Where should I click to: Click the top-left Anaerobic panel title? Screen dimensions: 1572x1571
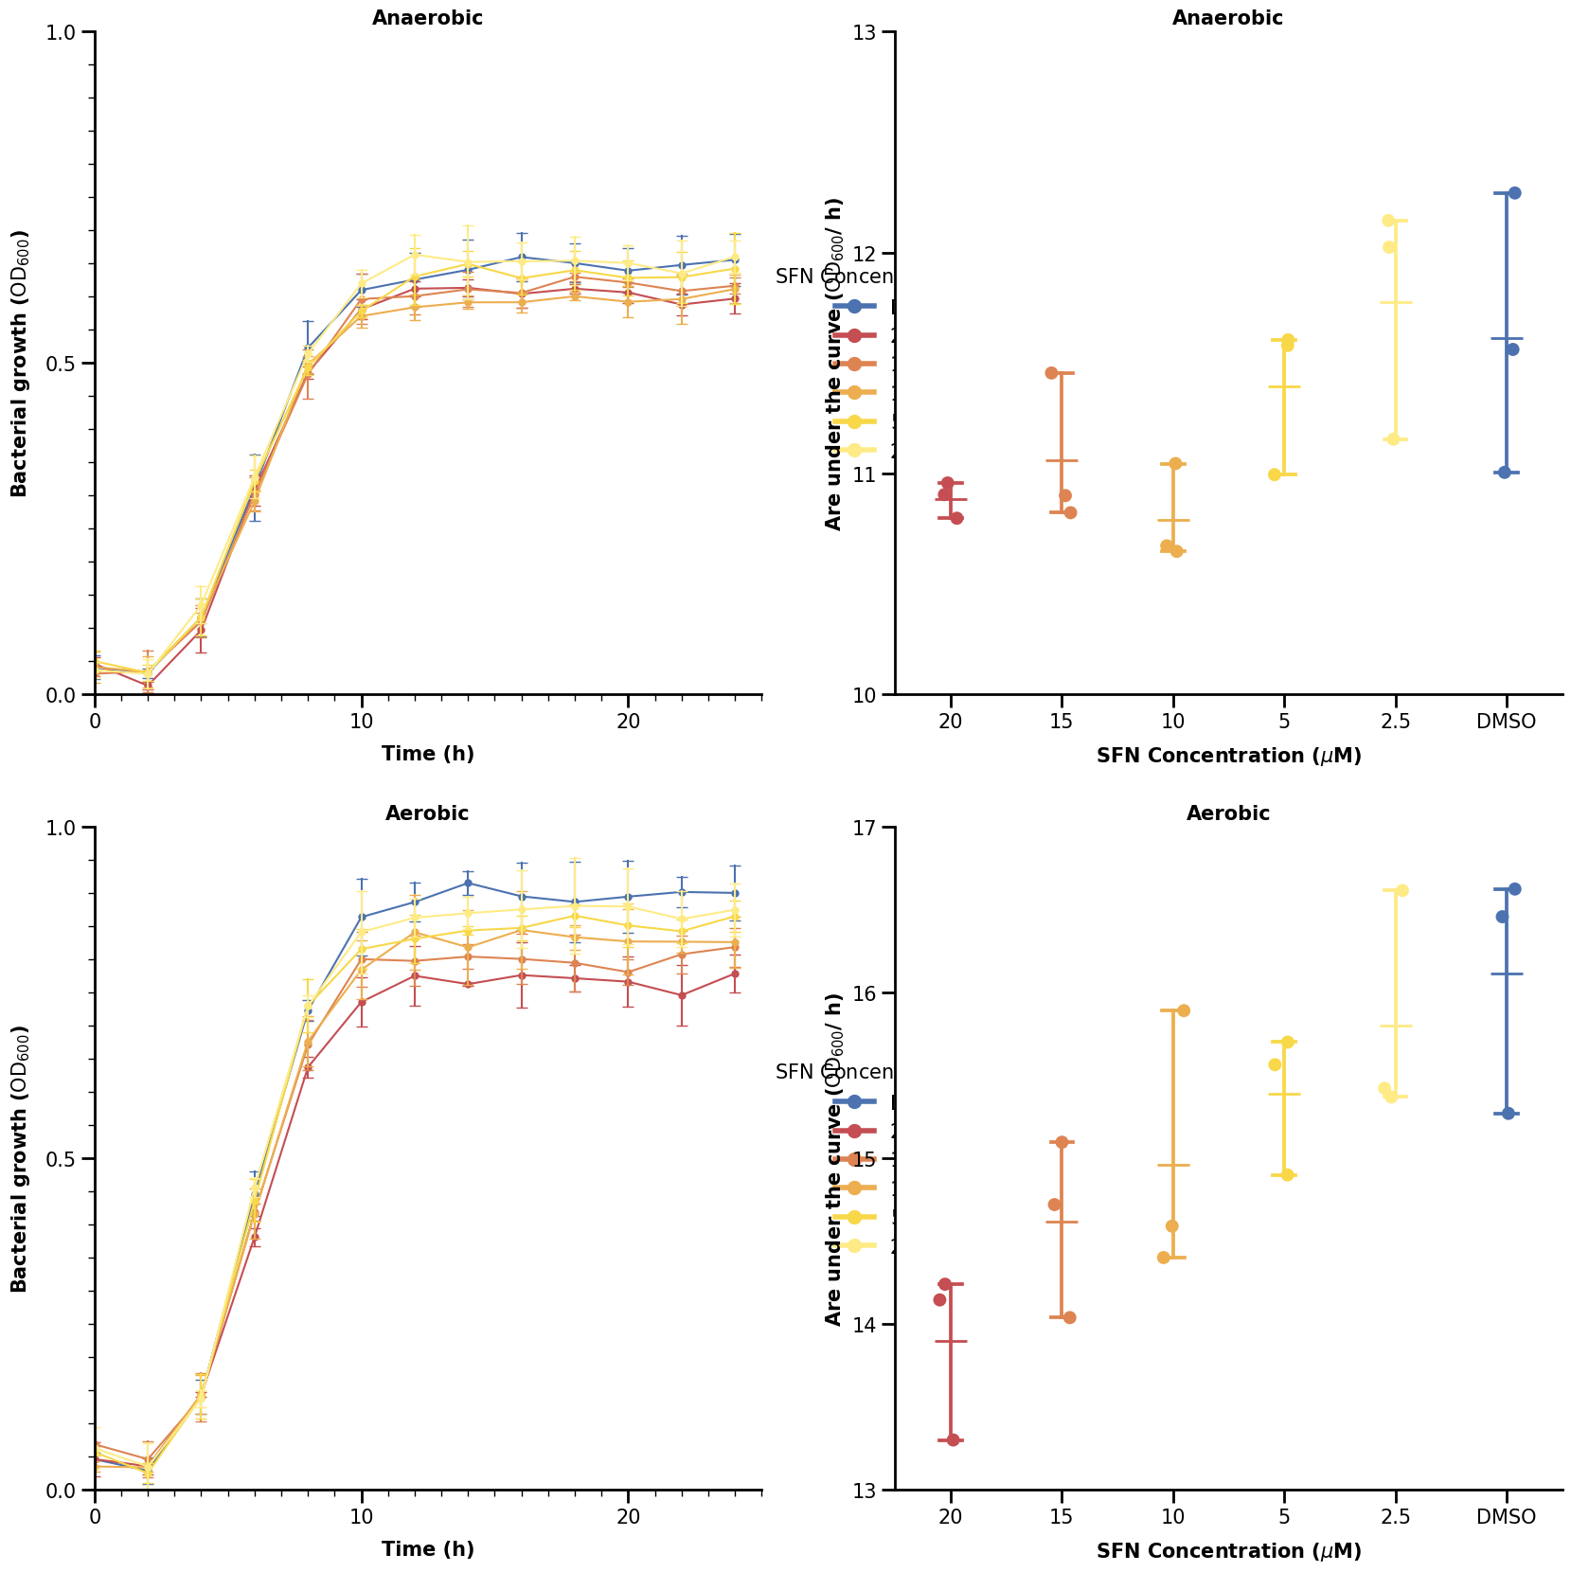(427, 18)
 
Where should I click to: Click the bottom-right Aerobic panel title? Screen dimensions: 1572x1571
(1227, 813)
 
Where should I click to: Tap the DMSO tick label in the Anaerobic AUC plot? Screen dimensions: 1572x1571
(1506, 722)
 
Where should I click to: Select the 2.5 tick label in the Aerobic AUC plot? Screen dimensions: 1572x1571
(1395, 1517)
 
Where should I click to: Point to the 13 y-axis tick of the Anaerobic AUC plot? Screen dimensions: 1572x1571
(872, 32)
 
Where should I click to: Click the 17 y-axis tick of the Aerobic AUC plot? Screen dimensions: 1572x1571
(872, 828)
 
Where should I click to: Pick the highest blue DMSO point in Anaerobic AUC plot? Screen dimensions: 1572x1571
(1514, 193)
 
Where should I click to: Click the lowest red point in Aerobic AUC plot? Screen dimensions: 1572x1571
(953, 1440)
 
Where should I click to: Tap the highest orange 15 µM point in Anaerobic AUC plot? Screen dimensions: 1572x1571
(1051, 372)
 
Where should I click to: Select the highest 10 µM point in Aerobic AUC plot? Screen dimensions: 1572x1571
(1183, 1010)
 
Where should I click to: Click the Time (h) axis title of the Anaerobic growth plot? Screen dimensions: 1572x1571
(427, 754)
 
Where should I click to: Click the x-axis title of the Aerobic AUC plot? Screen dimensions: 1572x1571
(1228, 1551)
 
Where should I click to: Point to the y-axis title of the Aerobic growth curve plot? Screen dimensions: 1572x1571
(20, 1158)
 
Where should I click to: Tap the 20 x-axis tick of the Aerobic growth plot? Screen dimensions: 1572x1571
(628, 1517)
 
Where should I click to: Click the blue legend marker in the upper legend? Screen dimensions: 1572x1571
(854, 306)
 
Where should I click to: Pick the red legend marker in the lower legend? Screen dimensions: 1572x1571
(854, 1131)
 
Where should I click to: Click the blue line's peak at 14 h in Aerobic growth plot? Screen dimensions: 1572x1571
(468, 884)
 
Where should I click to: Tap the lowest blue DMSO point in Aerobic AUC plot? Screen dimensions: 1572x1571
(1508, 1113)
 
